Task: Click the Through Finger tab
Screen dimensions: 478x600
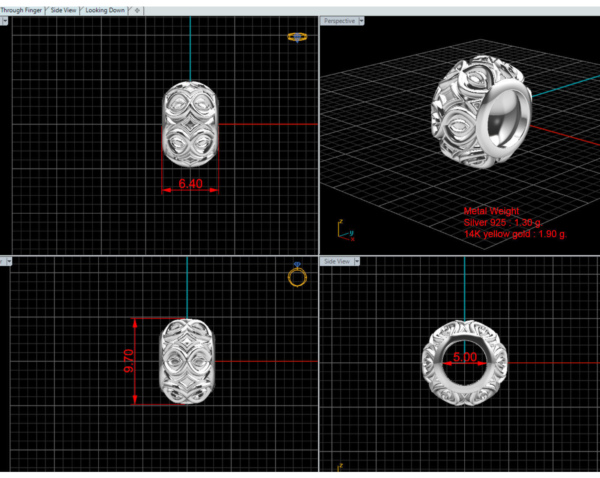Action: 21,10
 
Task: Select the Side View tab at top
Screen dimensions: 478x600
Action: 64,10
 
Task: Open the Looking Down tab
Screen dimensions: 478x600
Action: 105,10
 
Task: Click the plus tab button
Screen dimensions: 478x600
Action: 137,11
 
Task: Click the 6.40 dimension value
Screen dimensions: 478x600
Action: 190,184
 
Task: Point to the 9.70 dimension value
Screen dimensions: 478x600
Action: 129,361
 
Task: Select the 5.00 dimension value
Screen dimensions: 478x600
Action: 465,357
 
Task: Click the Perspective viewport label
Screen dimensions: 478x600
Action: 339,21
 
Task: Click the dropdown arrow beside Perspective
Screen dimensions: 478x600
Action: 361,21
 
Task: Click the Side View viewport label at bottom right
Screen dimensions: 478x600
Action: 337,261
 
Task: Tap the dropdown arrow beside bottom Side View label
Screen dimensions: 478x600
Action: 357,261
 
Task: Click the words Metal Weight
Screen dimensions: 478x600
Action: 491,211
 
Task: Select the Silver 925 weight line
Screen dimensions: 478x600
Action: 503,222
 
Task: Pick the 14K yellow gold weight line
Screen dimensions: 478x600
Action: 515,234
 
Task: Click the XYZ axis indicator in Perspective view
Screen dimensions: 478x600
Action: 345,230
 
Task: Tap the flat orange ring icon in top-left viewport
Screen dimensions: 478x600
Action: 297,37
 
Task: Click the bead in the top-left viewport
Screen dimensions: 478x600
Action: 190,124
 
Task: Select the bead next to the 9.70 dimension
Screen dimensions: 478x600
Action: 187,361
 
